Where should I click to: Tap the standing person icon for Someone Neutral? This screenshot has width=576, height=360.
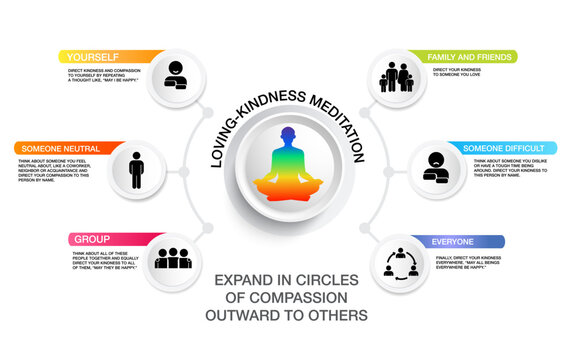137,168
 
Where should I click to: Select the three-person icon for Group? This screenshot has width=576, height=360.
174,258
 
